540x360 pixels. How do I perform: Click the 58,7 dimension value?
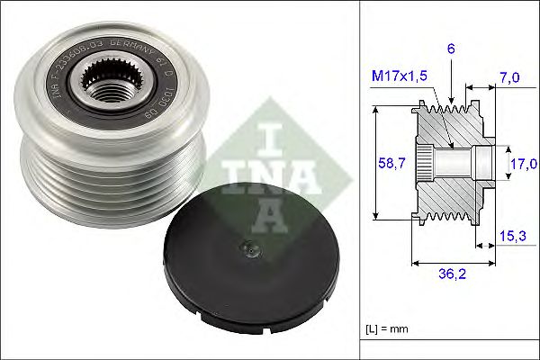(386, 163)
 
